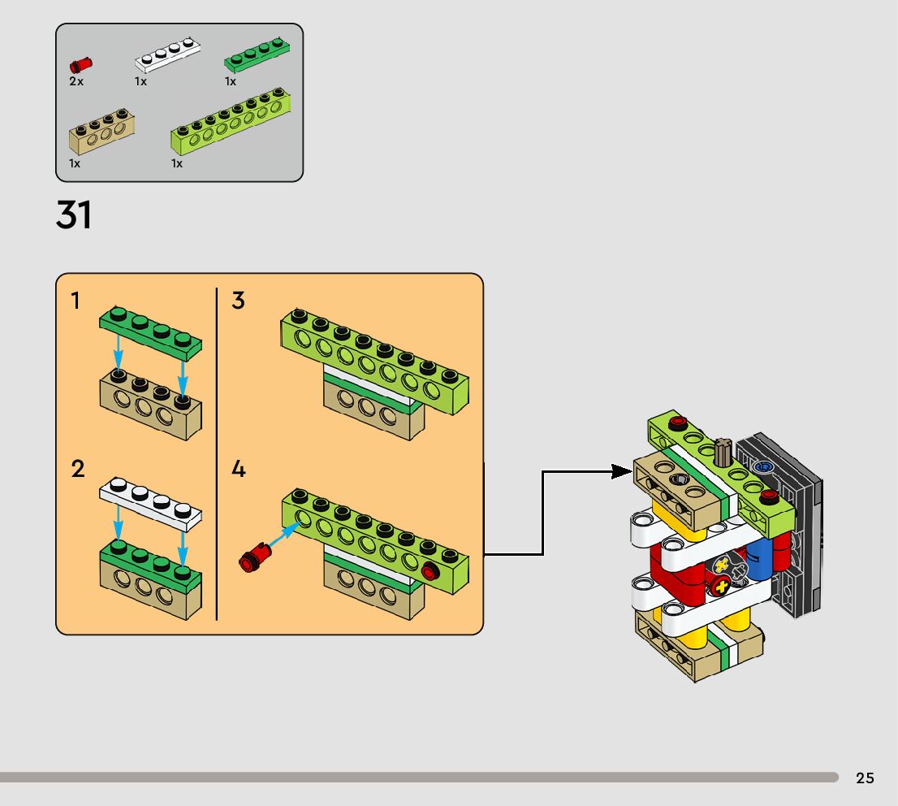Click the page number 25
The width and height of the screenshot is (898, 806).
coord(865,778)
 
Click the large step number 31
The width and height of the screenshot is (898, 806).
coord(74,216)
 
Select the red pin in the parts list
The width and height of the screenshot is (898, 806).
coord(80,65)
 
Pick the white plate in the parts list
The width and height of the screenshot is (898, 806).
coord(166,55)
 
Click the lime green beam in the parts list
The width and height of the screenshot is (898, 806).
coord(231,122)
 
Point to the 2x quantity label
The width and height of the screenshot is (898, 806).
coord(76,82)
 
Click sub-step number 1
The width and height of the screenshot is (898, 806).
coord(76,301)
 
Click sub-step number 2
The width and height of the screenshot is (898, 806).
coord(78,470)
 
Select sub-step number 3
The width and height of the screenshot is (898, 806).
coord(238,301)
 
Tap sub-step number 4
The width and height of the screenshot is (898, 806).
coord(238,470)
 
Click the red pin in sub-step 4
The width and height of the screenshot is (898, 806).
coord(256,557)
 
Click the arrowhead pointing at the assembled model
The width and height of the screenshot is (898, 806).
coord(624,471)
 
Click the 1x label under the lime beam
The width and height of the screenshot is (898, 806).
coord(177,164)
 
